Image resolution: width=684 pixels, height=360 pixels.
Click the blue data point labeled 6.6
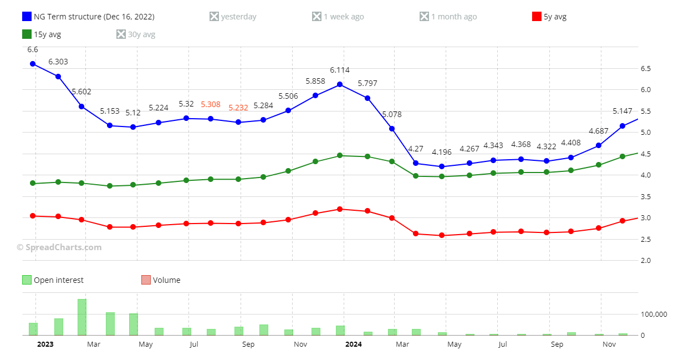point(33,64)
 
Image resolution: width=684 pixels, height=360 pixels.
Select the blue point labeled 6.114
point(340,84)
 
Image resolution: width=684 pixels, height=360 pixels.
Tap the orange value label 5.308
point(211,104)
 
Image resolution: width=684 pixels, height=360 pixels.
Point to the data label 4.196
point(442,152)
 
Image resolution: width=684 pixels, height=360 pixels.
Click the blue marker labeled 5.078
point(392,129)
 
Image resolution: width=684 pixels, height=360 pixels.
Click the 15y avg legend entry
point(42,34)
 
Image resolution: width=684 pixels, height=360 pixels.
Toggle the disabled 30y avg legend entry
point(136,34)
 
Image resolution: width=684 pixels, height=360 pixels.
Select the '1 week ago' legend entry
point(338,17)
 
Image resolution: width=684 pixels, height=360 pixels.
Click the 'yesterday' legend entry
point(233,17)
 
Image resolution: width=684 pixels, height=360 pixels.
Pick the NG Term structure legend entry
point(88,17)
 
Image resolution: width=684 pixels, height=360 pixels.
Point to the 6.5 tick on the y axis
point(646,69)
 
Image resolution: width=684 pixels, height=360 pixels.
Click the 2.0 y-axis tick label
point(646,261)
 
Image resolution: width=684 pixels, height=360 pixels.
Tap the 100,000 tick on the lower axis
point(654,315)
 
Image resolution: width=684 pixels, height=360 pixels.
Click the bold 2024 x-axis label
point(353,344)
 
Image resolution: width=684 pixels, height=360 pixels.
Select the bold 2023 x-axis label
point(45,344)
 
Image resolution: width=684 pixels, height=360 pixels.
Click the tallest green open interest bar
point(82,317)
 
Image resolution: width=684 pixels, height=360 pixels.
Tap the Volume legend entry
point(161,280)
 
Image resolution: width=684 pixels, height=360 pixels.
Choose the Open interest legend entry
point(53,280)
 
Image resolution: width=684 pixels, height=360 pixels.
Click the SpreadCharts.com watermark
point(59,247)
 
